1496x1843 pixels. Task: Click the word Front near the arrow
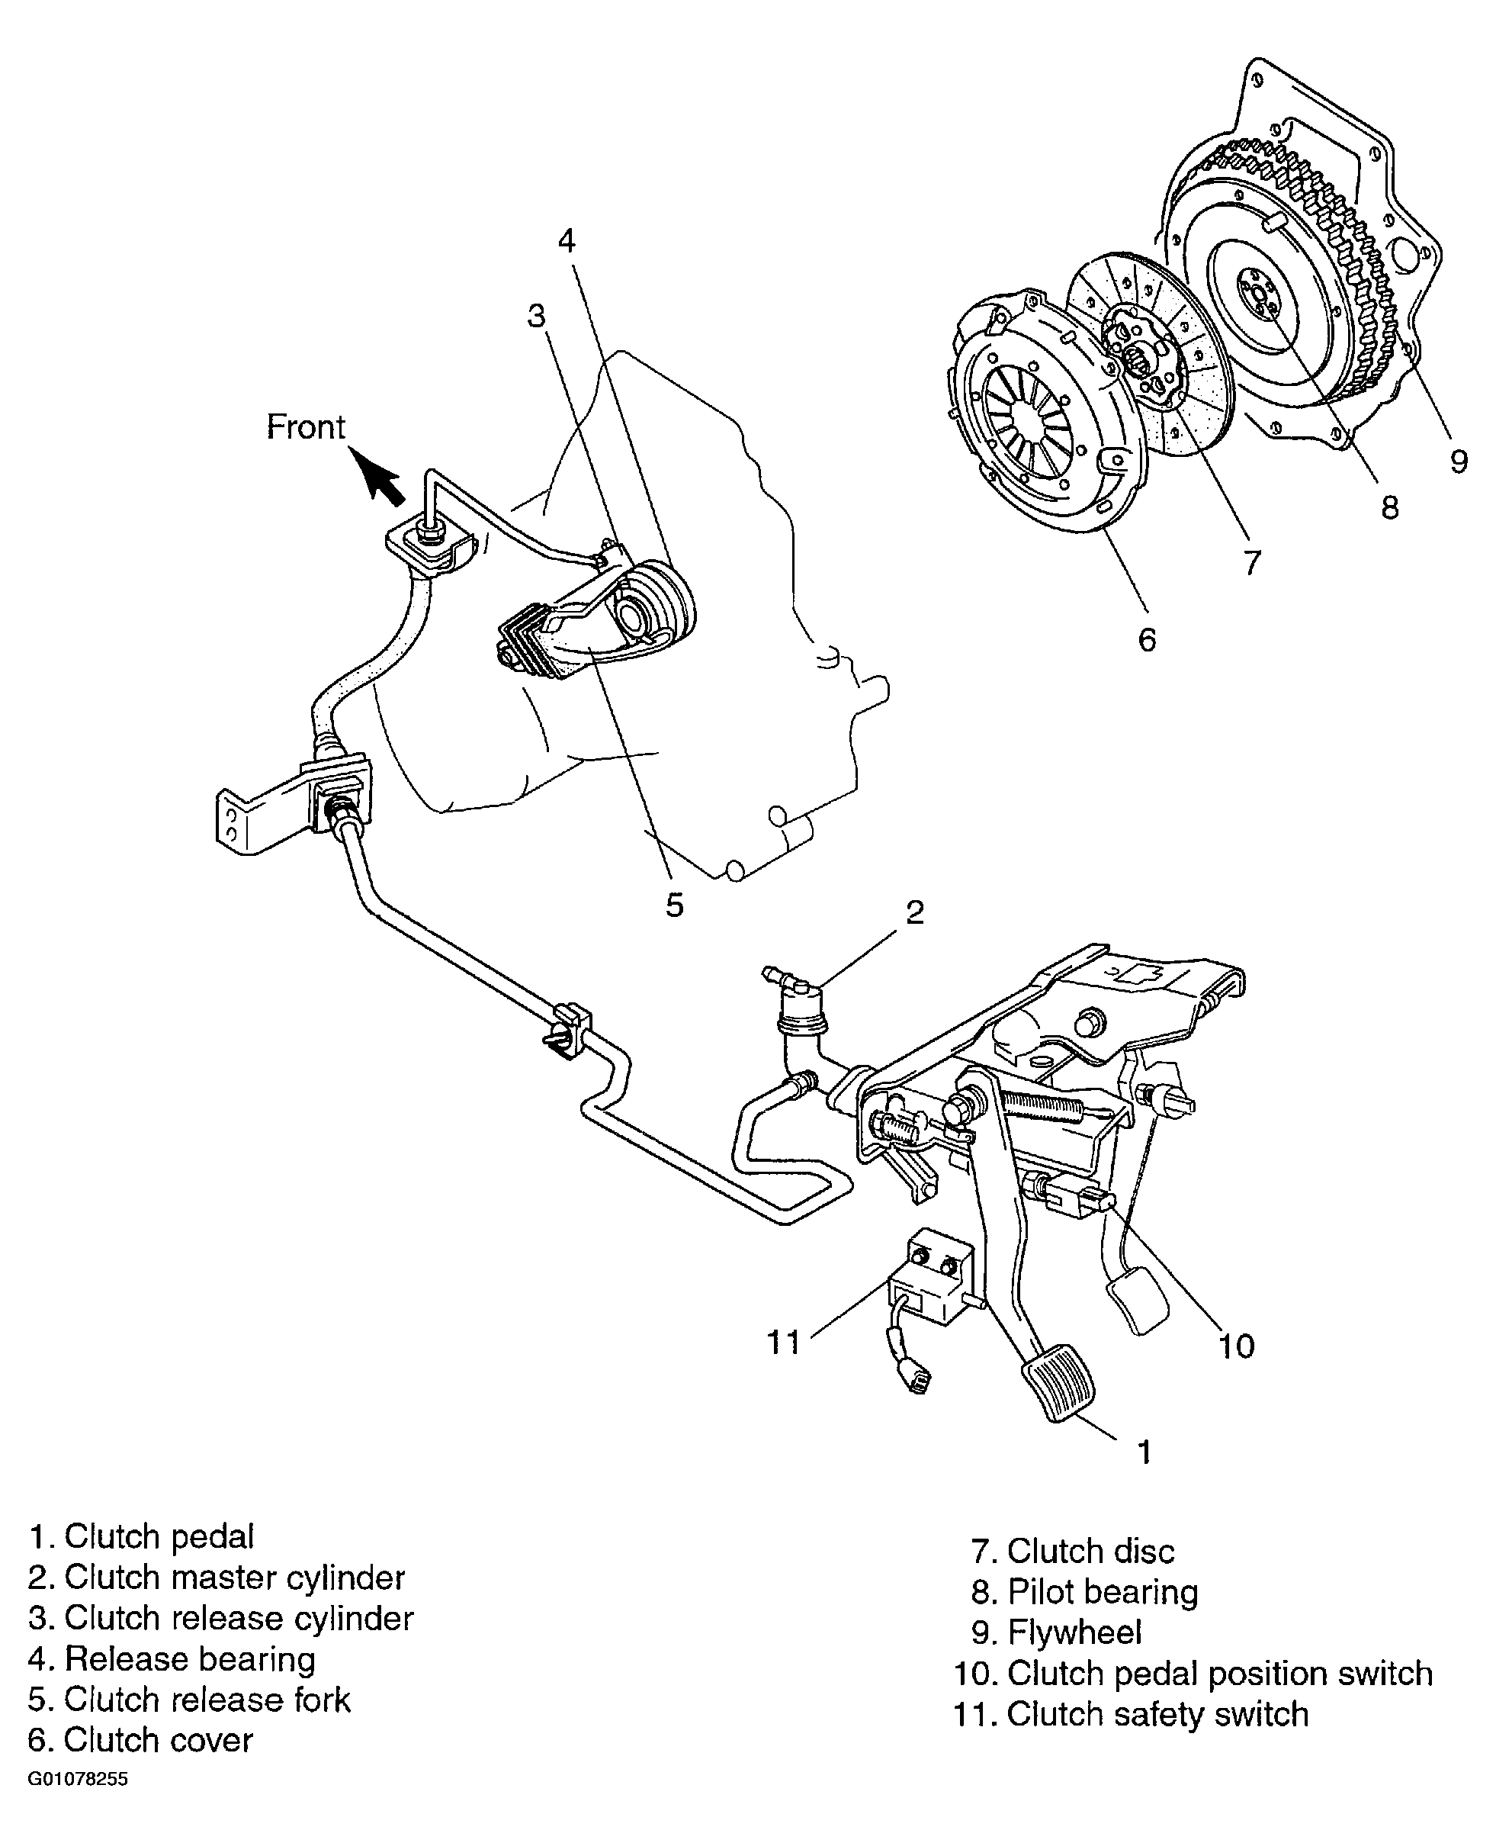coord(305,426)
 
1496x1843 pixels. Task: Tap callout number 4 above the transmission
coord(567,240)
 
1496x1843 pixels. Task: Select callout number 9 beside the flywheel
coord(1458,462)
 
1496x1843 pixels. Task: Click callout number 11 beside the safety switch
coord(783,1342)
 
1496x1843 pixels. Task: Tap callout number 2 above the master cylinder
coord(915,912)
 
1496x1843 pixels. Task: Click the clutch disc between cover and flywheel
coord(1151,353)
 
